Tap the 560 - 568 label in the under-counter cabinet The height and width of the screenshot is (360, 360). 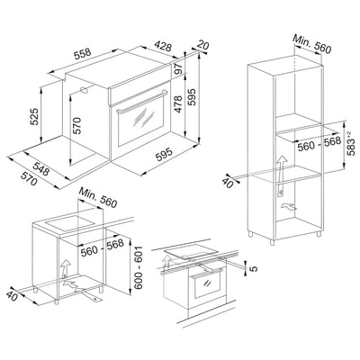[x=101, y=247]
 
